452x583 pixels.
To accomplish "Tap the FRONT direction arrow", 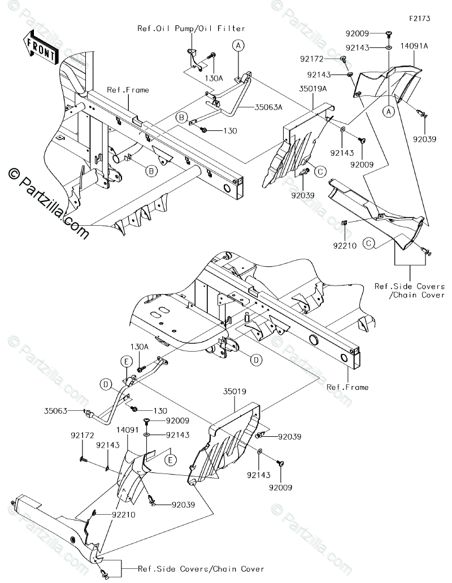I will coord(40,49).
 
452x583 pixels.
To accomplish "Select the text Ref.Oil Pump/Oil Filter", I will coord(192,28).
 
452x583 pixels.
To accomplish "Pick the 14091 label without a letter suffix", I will coord(128,429).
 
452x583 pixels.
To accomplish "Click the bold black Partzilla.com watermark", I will coord(47,204).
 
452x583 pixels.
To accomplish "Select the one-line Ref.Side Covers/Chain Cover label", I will coord(193,568).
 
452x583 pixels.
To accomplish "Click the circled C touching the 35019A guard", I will coord(319,170).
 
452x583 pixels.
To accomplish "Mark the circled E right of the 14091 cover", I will coord(170,461).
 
